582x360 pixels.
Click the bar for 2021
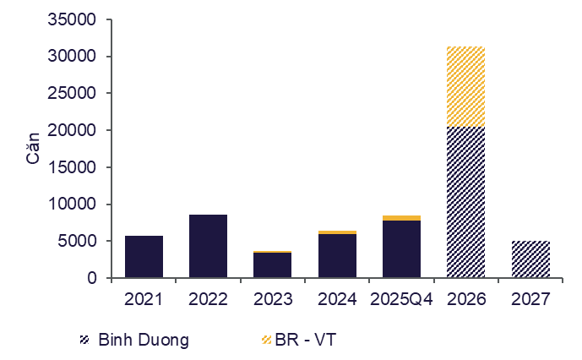coord(144,257)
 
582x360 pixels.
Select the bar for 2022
coord(208,246)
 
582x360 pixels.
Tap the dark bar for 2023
coord(272,265)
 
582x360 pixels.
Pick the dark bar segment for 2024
coord(337,256)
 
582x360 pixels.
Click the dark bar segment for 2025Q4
coord(401,249)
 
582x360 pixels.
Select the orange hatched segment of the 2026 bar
coord(465,86)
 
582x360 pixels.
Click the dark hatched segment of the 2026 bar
coord(465,202)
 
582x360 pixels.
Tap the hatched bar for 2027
coord(530,259)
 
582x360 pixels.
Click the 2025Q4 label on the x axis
coord(401,299)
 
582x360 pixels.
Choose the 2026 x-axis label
coord(465,299)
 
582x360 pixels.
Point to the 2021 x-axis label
coord(144,299)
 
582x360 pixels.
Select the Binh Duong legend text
coord(143,340)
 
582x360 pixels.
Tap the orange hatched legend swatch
coord(267,340)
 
